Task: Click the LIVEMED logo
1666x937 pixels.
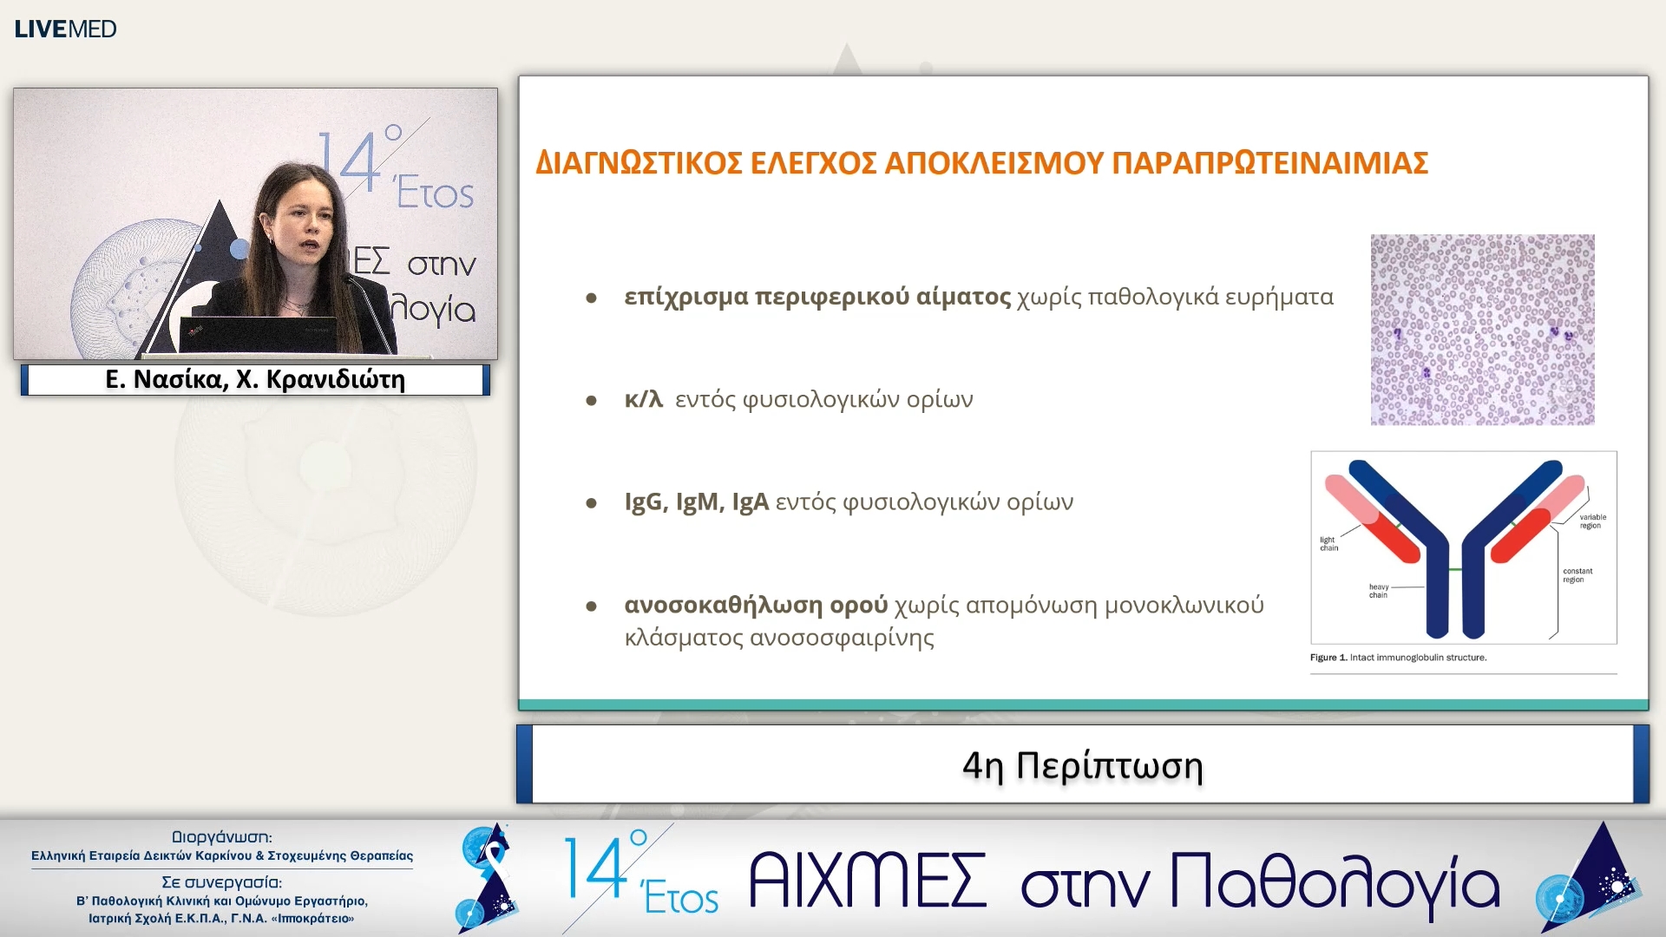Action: [65, 29]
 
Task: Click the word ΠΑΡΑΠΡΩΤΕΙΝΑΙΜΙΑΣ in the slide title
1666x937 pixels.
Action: [1269, 163]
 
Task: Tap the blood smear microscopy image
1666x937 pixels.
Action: [1482, 330]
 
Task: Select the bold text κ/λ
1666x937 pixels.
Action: [643, 399]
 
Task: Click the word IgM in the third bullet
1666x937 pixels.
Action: [697, 501]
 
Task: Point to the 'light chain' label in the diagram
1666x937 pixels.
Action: [1328, 544]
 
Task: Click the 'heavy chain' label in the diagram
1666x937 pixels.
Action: [1378, 591]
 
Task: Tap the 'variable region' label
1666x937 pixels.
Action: [1591, 521]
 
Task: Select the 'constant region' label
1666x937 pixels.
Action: [1577, 575]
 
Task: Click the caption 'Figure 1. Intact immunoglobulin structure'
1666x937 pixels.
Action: [1398, 658]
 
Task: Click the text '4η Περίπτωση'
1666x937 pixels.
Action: [1082, 765]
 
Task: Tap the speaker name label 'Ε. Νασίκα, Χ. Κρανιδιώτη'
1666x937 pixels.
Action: [255, 379]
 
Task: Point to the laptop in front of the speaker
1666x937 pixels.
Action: [258, 334]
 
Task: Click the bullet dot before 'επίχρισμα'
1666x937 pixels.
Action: [591, 298]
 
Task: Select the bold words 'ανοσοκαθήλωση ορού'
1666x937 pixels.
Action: [756, 605]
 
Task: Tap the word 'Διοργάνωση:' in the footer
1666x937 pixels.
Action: [221, 837]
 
